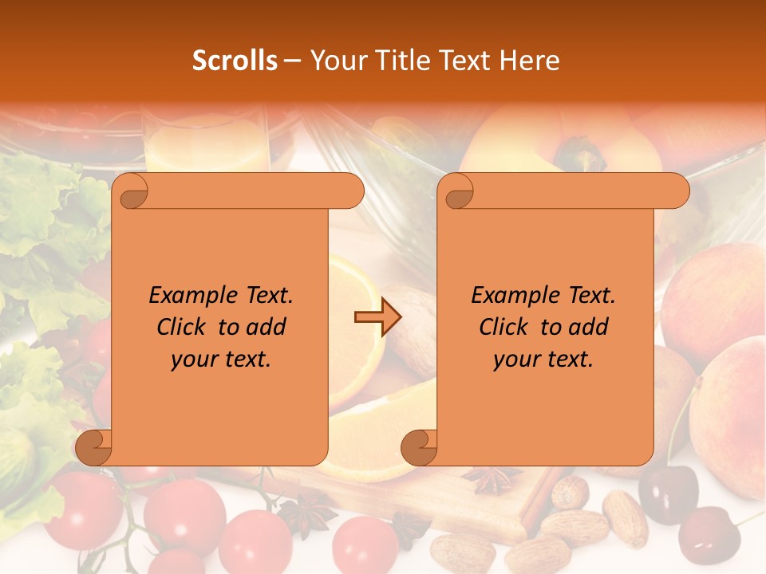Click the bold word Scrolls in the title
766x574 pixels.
click(235, 60)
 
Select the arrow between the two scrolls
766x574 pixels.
click(377, 317)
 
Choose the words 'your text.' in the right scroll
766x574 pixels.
click(543, 360)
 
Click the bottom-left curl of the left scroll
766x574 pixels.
click(94, 448)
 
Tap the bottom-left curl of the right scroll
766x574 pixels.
click(420, 448)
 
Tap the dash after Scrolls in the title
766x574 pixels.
click(292, 61)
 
